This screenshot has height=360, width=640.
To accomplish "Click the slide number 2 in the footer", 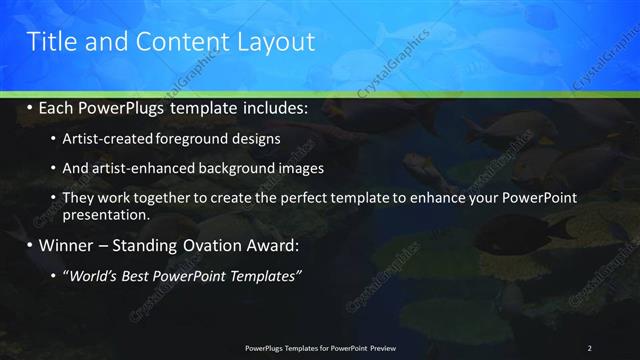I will tap(590, 347).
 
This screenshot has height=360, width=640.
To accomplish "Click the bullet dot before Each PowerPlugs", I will tap(30, 106).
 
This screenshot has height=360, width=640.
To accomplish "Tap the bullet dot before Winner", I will tap(30, 243).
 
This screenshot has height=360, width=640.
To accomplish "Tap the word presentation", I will tap(106, 214).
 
